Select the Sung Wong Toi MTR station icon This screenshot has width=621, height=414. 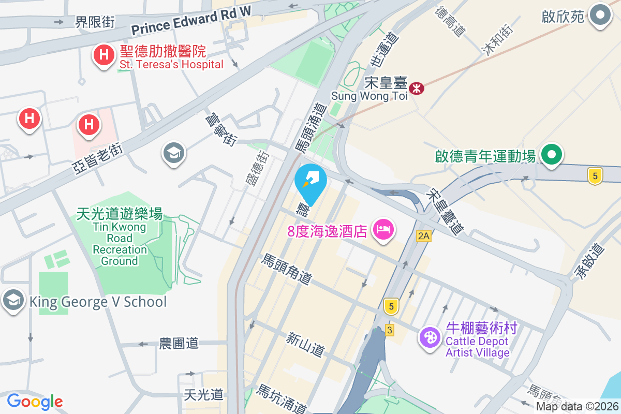[416, 88]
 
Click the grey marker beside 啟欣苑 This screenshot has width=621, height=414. [600, 16]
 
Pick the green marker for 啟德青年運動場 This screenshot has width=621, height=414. [552, 155]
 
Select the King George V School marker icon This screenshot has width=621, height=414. [13, 300]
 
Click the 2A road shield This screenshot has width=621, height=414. [423, 236]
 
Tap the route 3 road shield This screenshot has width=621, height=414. [389, 330]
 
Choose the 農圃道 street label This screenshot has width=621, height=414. [179, 343]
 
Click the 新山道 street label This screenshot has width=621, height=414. [305, 344]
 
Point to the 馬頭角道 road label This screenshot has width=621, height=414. [287, 269]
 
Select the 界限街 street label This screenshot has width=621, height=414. [95, 22]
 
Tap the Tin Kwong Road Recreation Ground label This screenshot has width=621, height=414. [120, 238]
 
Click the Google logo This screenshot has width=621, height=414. [35, 401]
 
